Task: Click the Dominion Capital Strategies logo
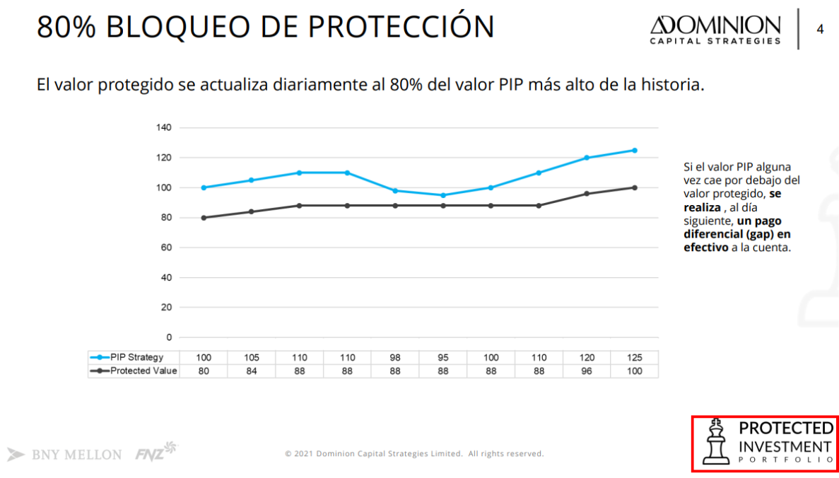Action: click(715, 30)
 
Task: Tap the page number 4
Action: click(820, 30)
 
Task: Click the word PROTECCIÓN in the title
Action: click(401, 27)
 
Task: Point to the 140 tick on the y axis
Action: click(164, 128)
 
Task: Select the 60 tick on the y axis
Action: click(167, 247)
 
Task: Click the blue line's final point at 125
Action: click(635, 150)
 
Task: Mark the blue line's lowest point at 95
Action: click(443, 195)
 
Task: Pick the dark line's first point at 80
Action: click(204, 218)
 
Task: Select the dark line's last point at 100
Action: click(635, 187)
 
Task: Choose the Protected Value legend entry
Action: click(134, 371)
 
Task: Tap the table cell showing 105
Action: click(252, 358)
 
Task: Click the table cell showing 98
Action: click(395, 358)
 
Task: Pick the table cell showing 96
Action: click(587, 371)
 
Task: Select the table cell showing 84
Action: click(252, 371)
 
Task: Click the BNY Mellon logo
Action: click(65, 455)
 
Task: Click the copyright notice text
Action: click(414, 454)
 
